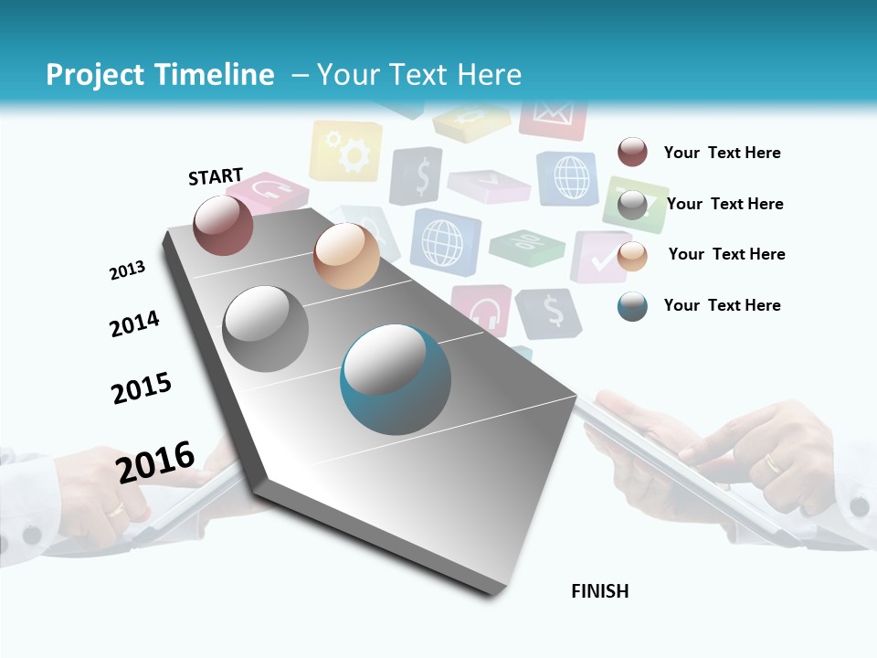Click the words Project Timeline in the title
(160, 75)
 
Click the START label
(216, 176)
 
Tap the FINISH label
(600, 591)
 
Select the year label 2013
(127, 271)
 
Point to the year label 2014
(134, 324)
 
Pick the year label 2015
(142, 387)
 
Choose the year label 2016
(155, 462)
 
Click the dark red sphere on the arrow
(223, 225)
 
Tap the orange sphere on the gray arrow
(346, 256)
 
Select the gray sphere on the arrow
(266, 328)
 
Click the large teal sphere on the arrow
(396, 379)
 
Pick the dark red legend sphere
(632, 152)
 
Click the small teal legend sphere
(632, 306)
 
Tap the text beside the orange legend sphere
(726, 254)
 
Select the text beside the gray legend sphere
(724, 204)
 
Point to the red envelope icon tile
(553, 117)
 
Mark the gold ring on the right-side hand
(773, 463)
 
